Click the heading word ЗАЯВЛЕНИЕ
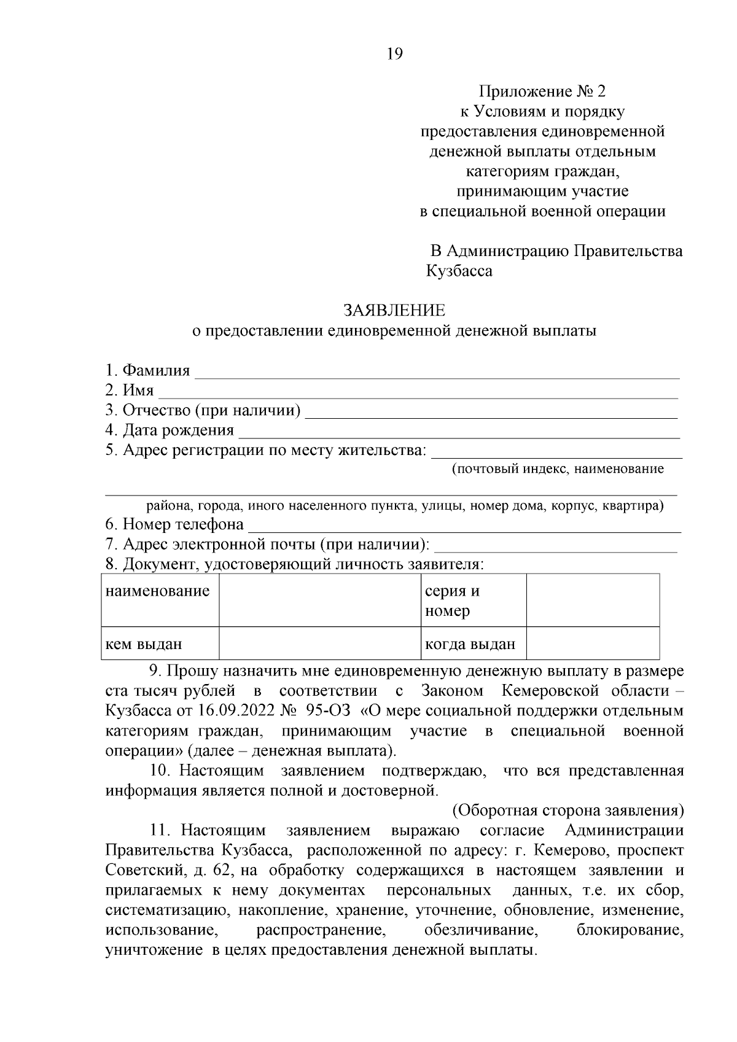(x=394, y=311)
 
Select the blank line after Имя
(x=418, y=393)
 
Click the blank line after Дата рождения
(x=459, y=433)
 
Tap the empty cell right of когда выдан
(x=593, y=643)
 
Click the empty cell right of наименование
(x=319, y=600)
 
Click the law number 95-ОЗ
(x=327, y=711)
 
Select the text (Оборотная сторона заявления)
(x=568, y=811)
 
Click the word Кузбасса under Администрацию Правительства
(x=459, y=271)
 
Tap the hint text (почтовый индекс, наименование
(x=558, y=470)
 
